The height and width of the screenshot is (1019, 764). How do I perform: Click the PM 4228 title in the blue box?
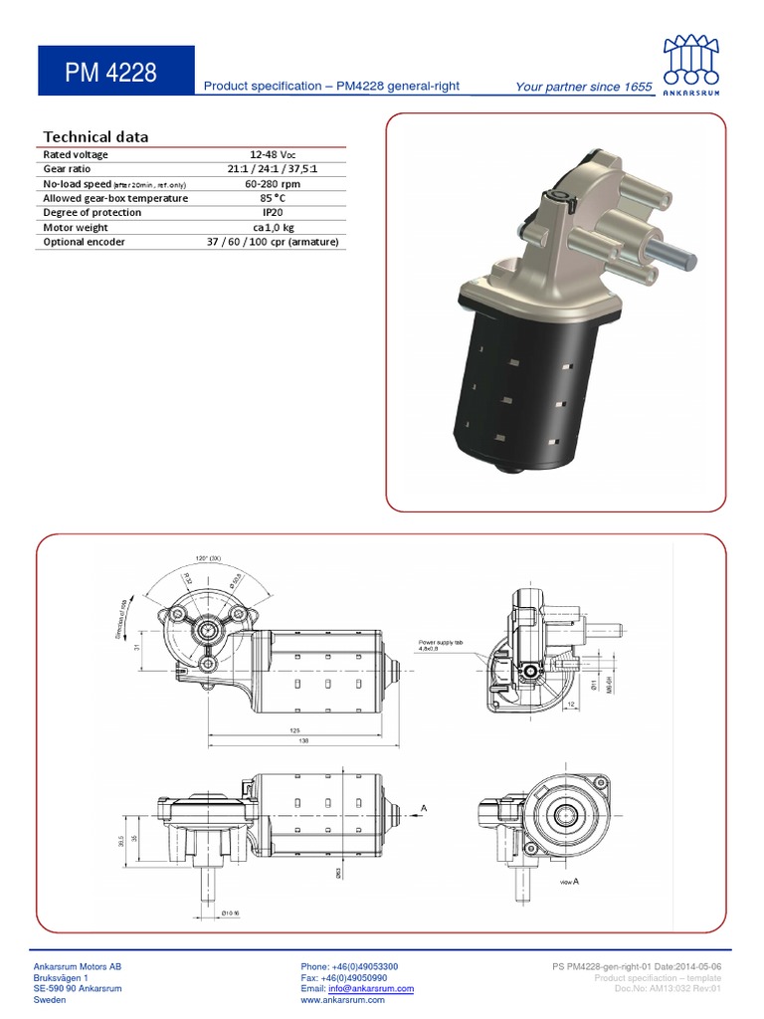(x=110, y=73)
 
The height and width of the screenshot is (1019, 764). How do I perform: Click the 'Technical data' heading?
(x=95, y=137)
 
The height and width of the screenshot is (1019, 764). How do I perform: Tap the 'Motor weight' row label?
(x=76, y=228)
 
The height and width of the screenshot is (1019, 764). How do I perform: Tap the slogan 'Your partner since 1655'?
(x=584, y=87)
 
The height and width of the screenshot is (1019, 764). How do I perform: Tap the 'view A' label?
(x=570, y=883)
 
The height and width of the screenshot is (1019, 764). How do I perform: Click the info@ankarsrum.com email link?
(x=371, y=989)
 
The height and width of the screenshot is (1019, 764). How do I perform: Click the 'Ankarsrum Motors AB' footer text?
(x=79, y=966)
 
